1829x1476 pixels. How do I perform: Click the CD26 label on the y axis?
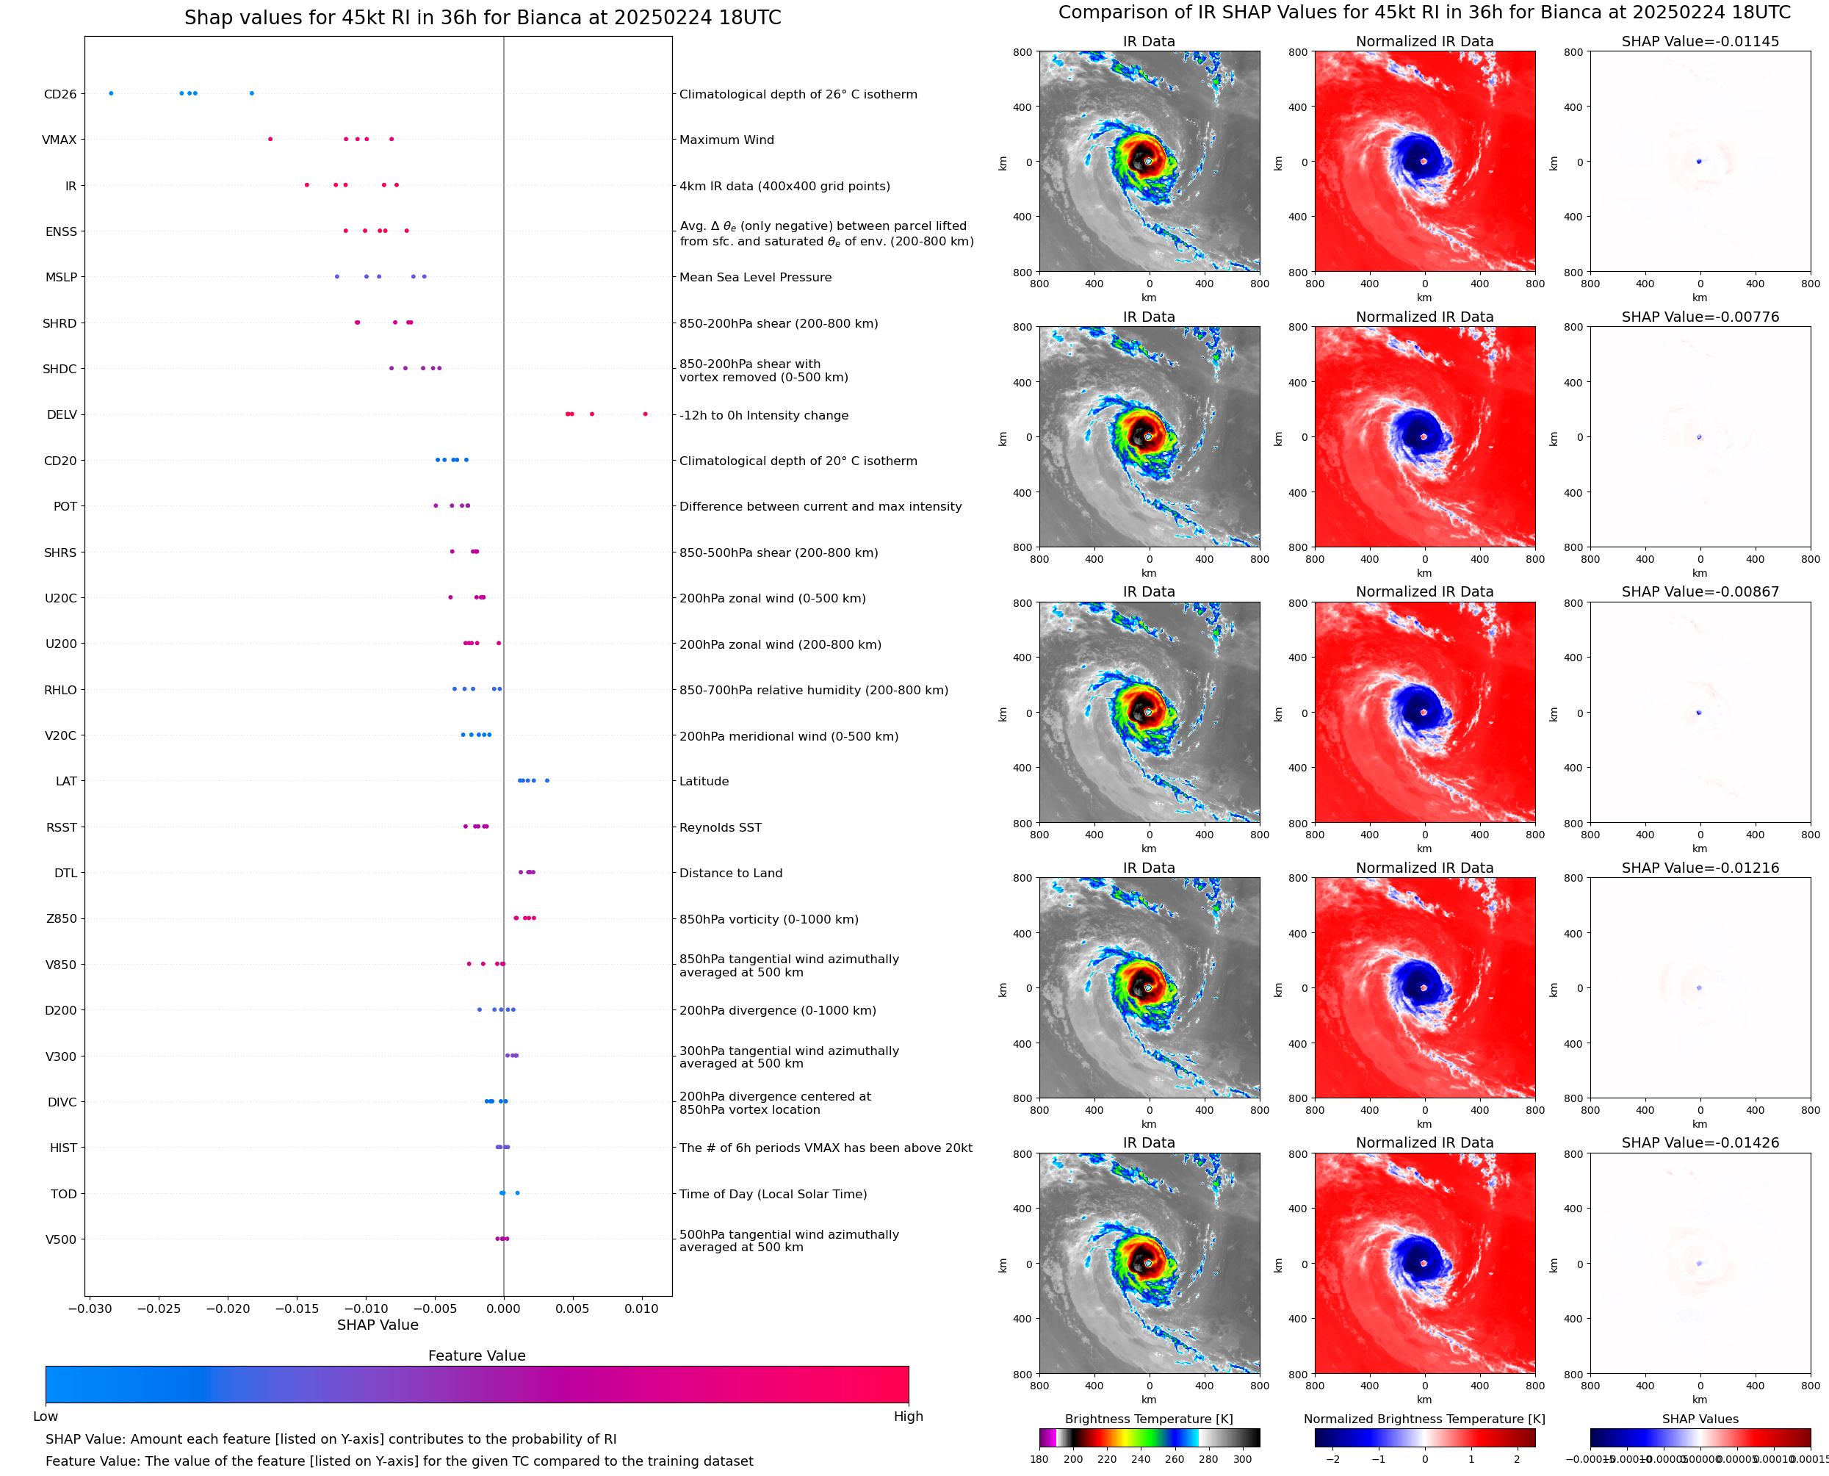(x=59, y=94)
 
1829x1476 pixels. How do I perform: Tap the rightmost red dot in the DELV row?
(x=645, y=414)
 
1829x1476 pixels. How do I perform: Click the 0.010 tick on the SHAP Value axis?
(x=642, y=1308)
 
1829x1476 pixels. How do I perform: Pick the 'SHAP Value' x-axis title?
(x=378, y=1325)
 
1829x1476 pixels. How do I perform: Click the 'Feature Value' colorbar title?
(x=477, y=1356)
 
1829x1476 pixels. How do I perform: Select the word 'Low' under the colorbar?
(x=45, y=1416)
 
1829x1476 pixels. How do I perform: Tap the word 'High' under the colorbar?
(x=908, y=1416)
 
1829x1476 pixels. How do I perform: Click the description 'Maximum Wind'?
(x=726, y=140)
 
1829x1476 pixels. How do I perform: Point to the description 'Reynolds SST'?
(x=720, y=827)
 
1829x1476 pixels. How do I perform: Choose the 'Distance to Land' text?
(x=731, y=874)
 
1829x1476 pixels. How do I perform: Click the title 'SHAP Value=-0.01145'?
(x=1700, y=41)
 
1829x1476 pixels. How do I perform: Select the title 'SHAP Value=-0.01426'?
(x=1700, y=1142)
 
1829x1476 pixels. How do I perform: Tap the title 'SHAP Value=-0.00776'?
(x=1700, y=316)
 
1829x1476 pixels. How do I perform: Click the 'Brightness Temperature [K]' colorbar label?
(x=1148, y=1419)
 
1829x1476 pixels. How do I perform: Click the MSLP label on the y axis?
(x=61, y=277)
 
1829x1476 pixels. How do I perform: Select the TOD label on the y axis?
(x=64, y=1194)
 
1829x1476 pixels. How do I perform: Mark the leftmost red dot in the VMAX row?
(x=270, y=140)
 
